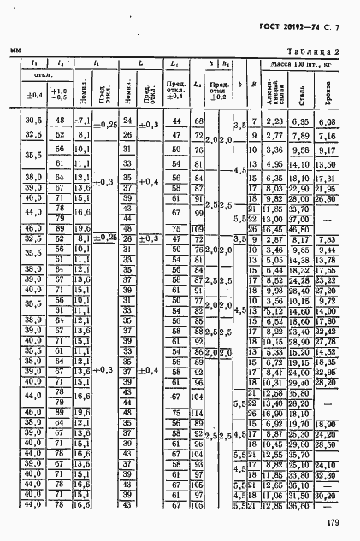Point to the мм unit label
pyautogui.click(x=15, y=52)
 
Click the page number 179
pyautogui.click(x=335, y=524)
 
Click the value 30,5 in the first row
pyautogui.click(x=35, y=122)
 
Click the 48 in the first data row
pyautogui.click(x=60, y=122)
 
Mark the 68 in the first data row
pyautogui.click(x=198, y=122)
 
